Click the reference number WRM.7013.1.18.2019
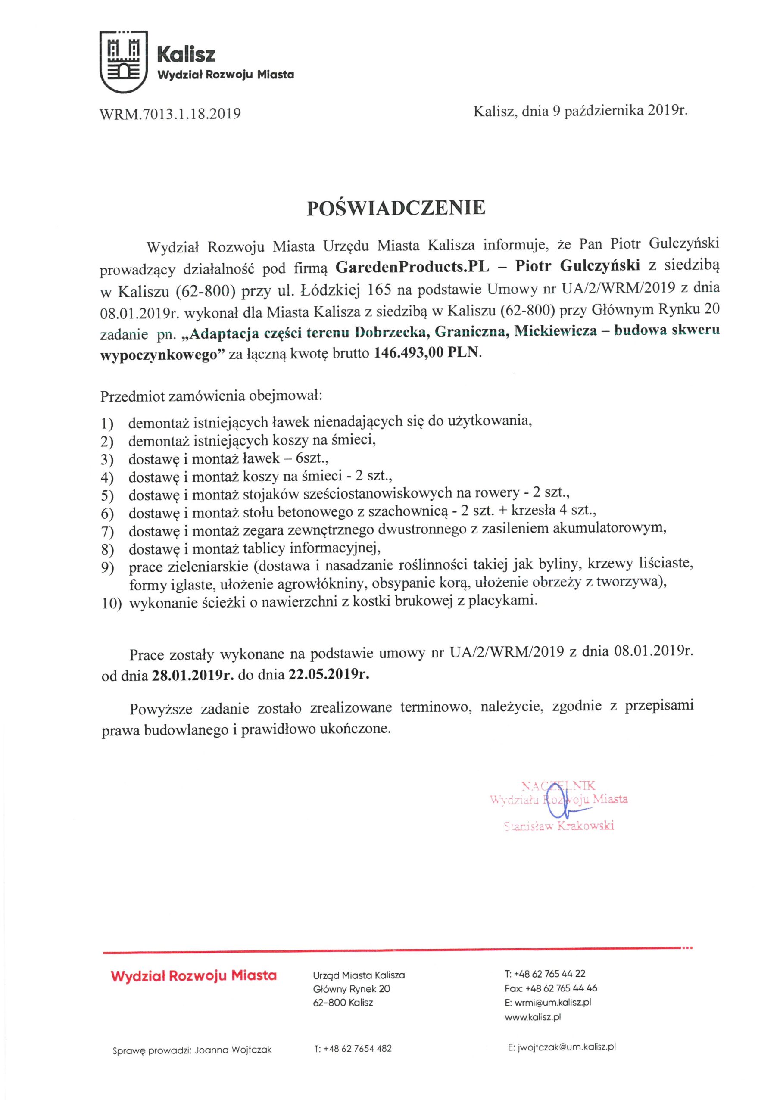pyautogui.click(x=170, y=114)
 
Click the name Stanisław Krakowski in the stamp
pyautogui.click(x=558, y=826)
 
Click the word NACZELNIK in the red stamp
pyautogui.click(x=558, y=785)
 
